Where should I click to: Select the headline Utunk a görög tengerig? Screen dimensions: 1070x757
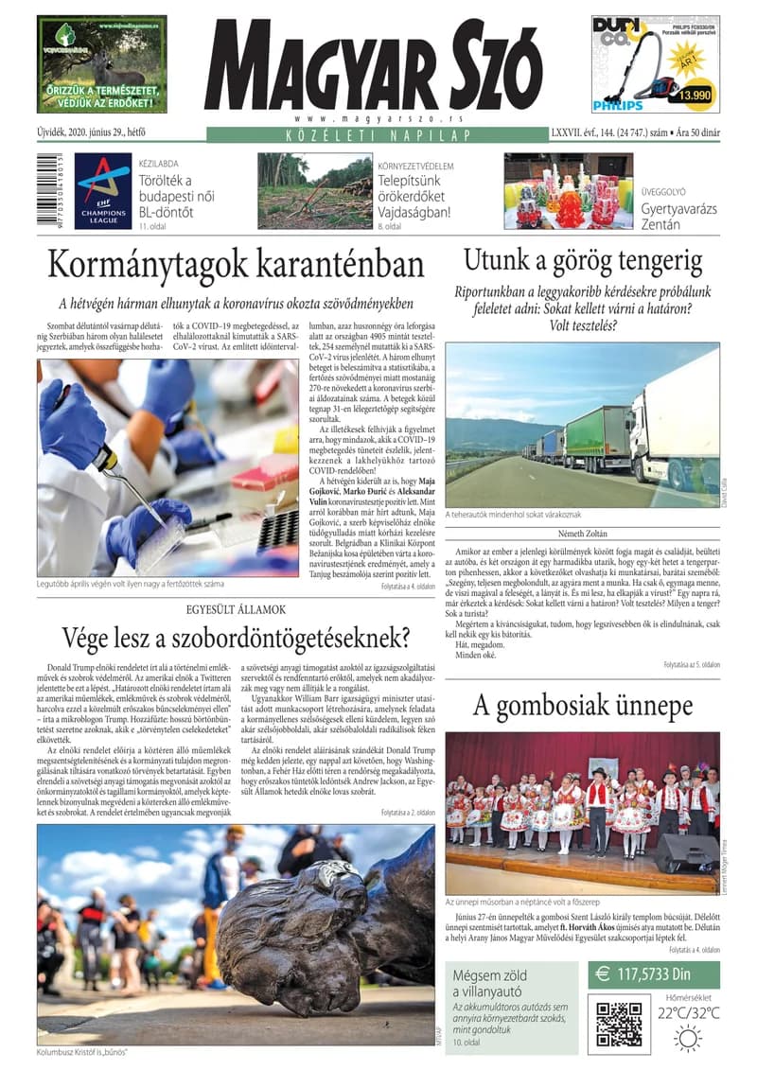[x=582, y=260]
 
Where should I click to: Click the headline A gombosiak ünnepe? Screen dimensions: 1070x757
[x=582, y=706]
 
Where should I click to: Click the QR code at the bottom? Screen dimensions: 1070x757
[x=619, y=1021]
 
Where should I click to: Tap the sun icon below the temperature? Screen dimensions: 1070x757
[x=688, y=1037]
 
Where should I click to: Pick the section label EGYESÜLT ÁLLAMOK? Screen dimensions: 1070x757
[x=236, y=610]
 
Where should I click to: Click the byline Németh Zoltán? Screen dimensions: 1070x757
[x=582, y=533]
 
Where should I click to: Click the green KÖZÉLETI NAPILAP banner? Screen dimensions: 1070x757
[x=377, y=135]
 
